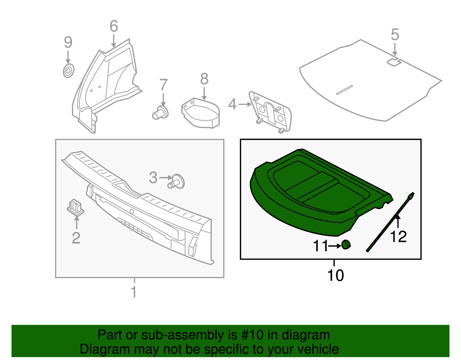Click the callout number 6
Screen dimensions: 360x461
click(x=114, y=27)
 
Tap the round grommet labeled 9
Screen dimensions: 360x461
click(x=69, y=71)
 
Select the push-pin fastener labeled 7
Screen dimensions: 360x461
click(x=160, y=113)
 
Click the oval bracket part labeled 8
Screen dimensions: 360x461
click(x=201, y=113)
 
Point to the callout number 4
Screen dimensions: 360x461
click(x=232, y=104)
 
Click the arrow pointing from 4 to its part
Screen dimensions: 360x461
click(x=245, y=104)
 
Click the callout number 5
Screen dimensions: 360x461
click(x=395, y=35)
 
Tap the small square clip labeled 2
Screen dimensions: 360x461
click(x=75, y=207)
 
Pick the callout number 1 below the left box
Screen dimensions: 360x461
click(x=134, y=292)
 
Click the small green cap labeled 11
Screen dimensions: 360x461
click(x=346, y=244)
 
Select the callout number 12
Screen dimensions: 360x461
click(x=398, y=237)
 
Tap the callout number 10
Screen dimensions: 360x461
click(x=335, y=276)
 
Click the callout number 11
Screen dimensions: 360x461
click(x=320, y=246)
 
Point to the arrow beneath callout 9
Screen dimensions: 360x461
click(x=68, y=57)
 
